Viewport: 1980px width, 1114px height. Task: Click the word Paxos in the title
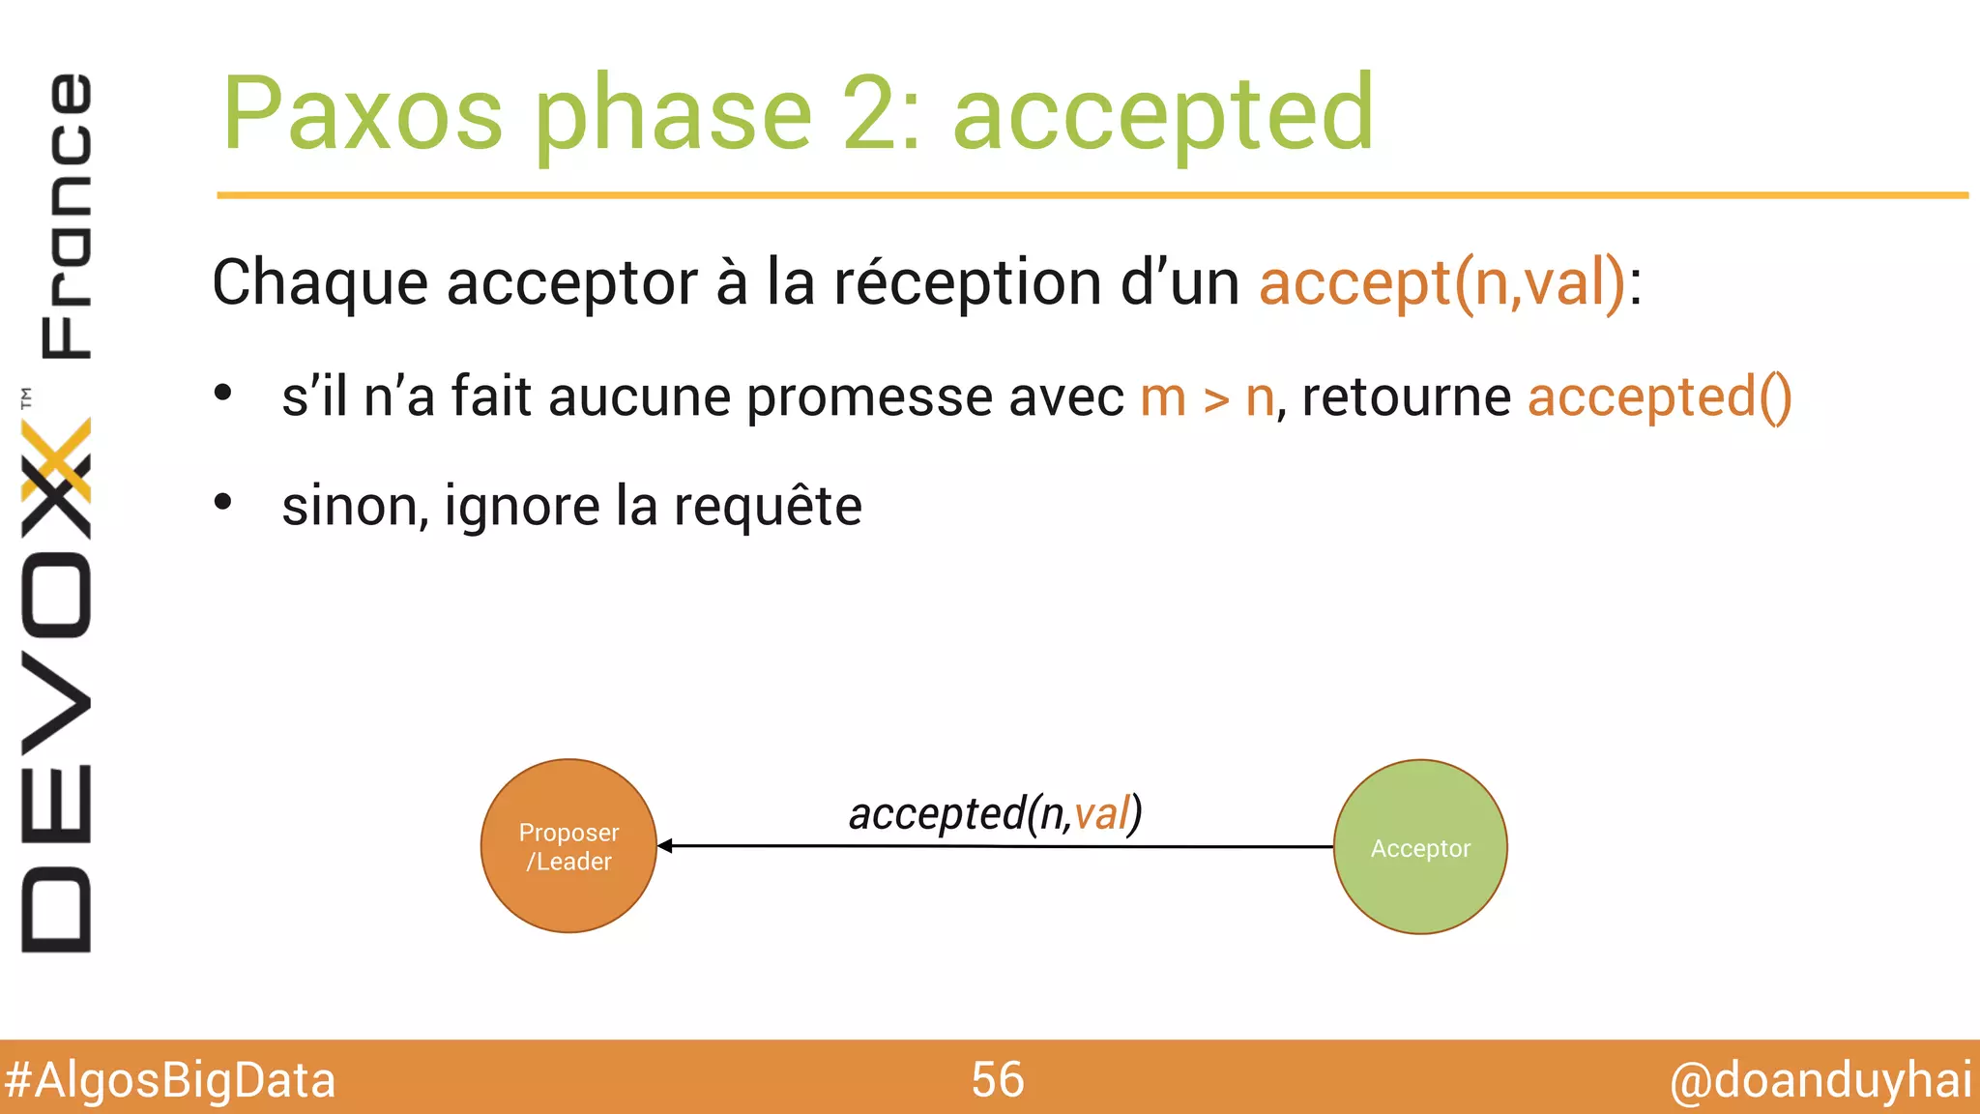coord(363,114)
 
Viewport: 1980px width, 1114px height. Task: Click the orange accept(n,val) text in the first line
coord(1441,282)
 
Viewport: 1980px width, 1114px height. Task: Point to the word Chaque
coord(319,283)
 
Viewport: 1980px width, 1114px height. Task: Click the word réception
coord(968,283)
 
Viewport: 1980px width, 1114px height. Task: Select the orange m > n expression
coord(1207,397)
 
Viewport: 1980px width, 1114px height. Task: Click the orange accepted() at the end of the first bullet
coord(1659,397)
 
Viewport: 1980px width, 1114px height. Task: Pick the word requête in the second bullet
coord(767,506)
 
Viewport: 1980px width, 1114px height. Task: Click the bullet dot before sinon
coord(223,502)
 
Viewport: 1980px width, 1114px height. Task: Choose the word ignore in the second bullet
coord(522,507)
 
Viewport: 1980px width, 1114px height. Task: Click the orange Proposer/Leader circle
coord(568,846)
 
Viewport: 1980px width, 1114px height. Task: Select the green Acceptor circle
coord(1419,847)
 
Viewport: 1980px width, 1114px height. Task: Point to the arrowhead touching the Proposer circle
coord(665,846)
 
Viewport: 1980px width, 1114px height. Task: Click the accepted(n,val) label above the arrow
coord(995,813)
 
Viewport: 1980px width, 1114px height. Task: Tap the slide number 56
coord(997,1079)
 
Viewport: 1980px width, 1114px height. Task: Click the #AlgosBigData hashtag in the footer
coord(170,1079)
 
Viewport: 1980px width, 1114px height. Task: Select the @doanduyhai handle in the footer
coord(1820,1079)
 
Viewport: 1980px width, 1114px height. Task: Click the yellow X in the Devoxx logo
coord(56,462)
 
